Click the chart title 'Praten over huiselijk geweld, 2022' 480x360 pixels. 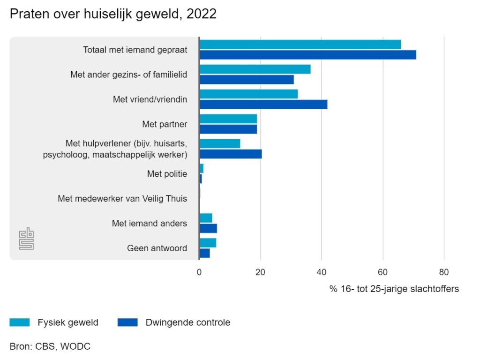113,14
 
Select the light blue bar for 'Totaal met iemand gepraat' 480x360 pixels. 300,44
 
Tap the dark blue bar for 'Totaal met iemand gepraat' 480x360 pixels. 307,55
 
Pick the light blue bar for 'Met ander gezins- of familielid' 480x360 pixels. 255,69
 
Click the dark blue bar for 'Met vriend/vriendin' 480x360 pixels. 263,105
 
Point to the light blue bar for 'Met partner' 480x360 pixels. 228,119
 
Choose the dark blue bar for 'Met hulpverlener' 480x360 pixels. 230,154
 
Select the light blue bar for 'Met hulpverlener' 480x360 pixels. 219,143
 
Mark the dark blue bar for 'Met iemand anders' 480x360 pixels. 208,229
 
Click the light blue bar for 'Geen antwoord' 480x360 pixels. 208,243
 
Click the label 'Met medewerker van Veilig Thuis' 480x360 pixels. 122,199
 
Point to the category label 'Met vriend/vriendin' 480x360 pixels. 150,99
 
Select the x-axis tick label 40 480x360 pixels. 322,272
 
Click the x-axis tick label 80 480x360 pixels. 444,272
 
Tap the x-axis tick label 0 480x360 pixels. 199,272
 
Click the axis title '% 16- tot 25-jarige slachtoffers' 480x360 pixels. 394,289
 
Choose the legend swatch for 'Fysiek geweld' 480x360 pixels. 20,322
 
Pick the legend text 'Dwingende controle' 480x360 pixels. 188,322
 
